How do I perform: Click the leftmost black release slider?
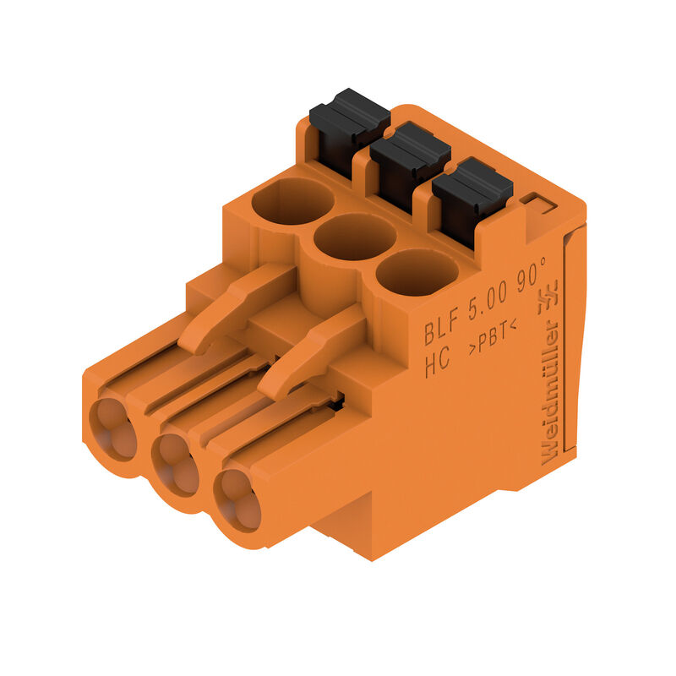click(348, 127)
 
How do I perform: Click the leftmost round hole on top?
click(292, 201)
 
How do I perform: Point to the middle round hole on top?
click(355, 236)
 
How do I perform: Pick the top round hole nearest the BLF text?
click(417, 272)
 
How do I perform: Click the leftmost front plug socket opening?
click(112, 428)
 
